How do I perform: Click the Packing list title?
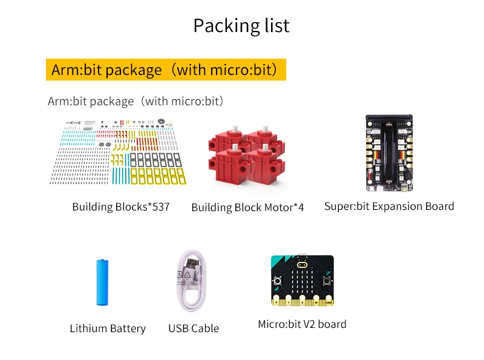coord(241,25)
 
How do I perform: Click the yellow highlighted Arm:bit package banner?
coord(165,70)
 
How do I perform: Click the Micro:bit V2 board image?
coord(302,281)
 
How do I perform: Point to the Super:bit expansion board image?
coord(388,152)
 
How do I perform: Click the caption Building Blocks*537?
coord(121,207)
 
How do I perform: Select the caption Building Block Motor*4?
coord(247,208)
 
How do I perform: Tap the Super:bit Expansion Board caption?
coord(389,206)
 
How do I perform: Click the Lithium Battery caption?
coord(108,329)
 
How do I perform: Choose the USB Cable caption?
coord(194,329)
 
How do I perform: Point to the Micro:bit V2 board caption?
coord(302,324)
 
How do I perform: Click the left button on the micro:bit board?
coord(278,281)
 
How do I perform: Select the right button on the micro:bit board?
coord(326,281)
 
